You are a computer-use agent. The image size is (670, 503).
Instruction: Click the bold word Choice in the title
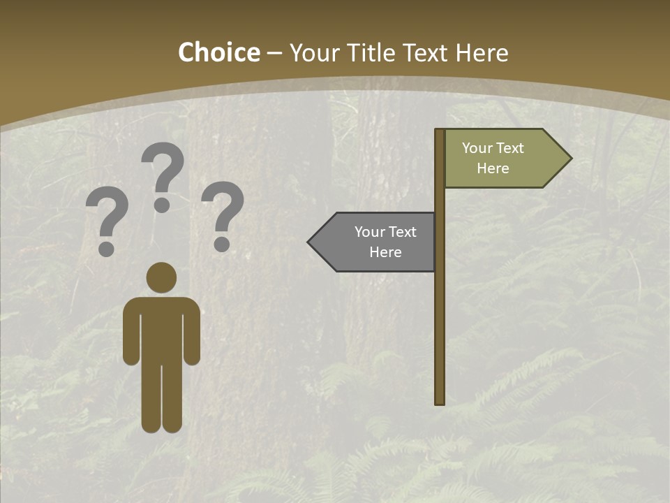[x=218, y=52]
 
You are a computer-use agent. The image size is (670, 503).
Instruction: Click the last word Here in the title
[x=482, y=52]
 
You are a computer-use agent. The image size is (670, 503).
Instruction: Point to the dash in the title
[x=274, y=53]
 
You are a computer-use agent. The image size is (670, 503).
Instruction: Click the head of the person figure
[x=161, y=277]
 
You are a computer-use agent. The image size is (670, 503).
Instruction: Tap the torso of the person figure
[x=161, y=328]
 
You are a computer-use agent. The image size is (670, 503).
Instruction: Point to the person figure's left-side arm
[x=131, y=335]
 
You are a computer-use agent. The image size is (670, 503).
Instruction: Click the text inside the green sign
[x=493, y=158]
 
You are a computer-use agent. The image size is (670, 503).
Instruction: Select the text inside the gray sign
[x=385, y=242]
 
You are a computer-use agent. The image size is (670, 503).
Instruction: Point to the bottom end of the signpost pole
[x=440, y=402]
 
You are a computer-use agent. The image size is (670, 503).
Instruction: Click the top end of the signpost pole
[x=440, y=131]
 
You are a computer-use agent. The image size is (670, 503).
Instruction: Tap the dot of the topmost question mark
[x=162, y=205]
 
